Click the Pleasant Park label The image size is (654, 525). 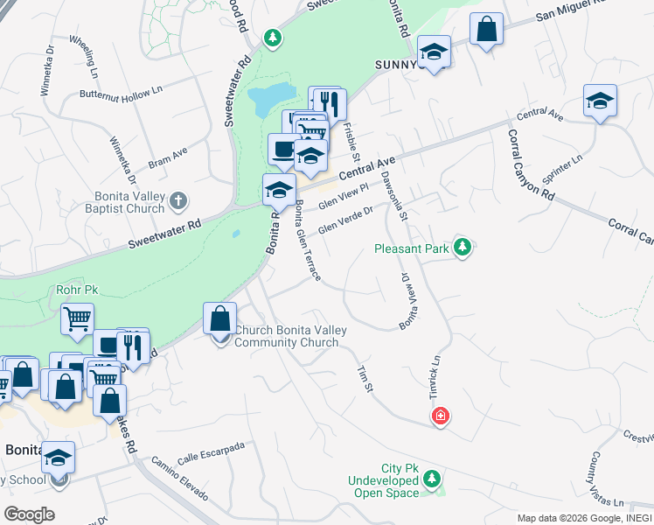(x=411, y=248)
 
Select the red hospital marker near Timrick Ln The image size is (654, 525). (x=441, y=416)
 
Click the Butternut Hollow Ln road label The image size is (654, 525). (x=122, y=92)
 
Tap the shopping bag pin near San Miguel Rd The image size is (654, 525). (x=486, y=29)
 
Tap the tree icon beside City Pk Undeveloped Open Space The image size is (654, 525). (x=434, y=479)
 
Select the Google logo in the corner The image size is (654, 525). (x=29, y=514)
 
